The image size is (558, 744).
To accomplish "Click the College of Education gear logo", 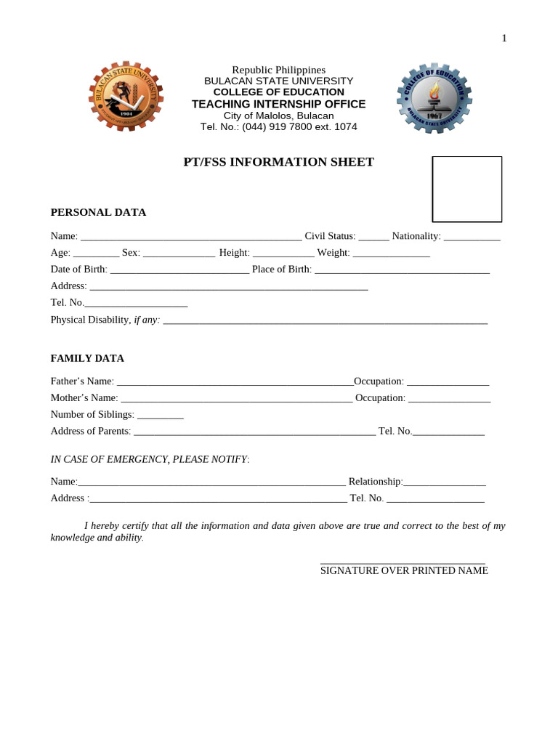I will point(434,97).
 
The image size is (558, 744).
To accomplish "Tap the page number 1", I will point(504,39).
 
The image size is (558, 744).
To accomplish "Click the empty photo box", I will point(467,189).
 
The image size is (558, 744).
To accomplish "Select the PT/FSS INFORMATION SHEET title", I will point(278,162).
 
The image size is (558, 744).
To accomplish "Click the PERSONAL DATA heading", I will point(98,212).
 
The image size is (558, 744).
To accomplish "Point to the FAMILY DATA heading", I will point(87,358).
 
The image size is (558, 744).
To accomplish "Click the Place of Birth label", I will point(282,270).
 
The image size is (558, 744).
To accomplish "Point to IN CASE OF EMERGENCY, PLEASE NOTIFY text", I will point(149,459).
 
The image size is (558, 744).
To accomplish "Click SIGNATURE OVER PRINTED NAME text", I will point(404,571).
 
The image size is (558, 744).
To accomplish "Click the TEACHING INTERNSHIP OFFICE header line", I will point(278,104).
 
